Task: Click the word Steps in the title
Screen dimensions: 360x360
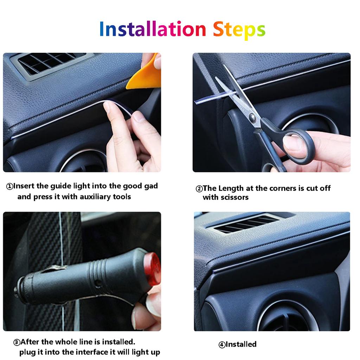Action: (x=239, y=30)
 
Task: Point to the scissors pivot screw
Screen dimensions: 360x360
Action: (x=252, y=117)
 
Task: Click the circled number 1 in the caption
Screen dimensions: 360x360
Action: (x=9, y=186)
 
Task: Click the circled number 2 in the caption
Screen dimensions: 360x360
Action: (x=199, y=189)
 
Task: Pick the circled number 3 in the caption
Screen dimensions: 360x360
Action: (x=17, y=342)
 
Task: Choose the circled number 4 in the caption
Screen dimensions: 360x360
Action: (x=222, y=345)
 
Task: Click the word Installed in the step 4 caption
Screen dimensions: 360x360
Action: (x=241, y=344)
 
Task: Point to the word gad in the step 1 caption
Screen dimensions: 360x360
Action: (x=151, y=186)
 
